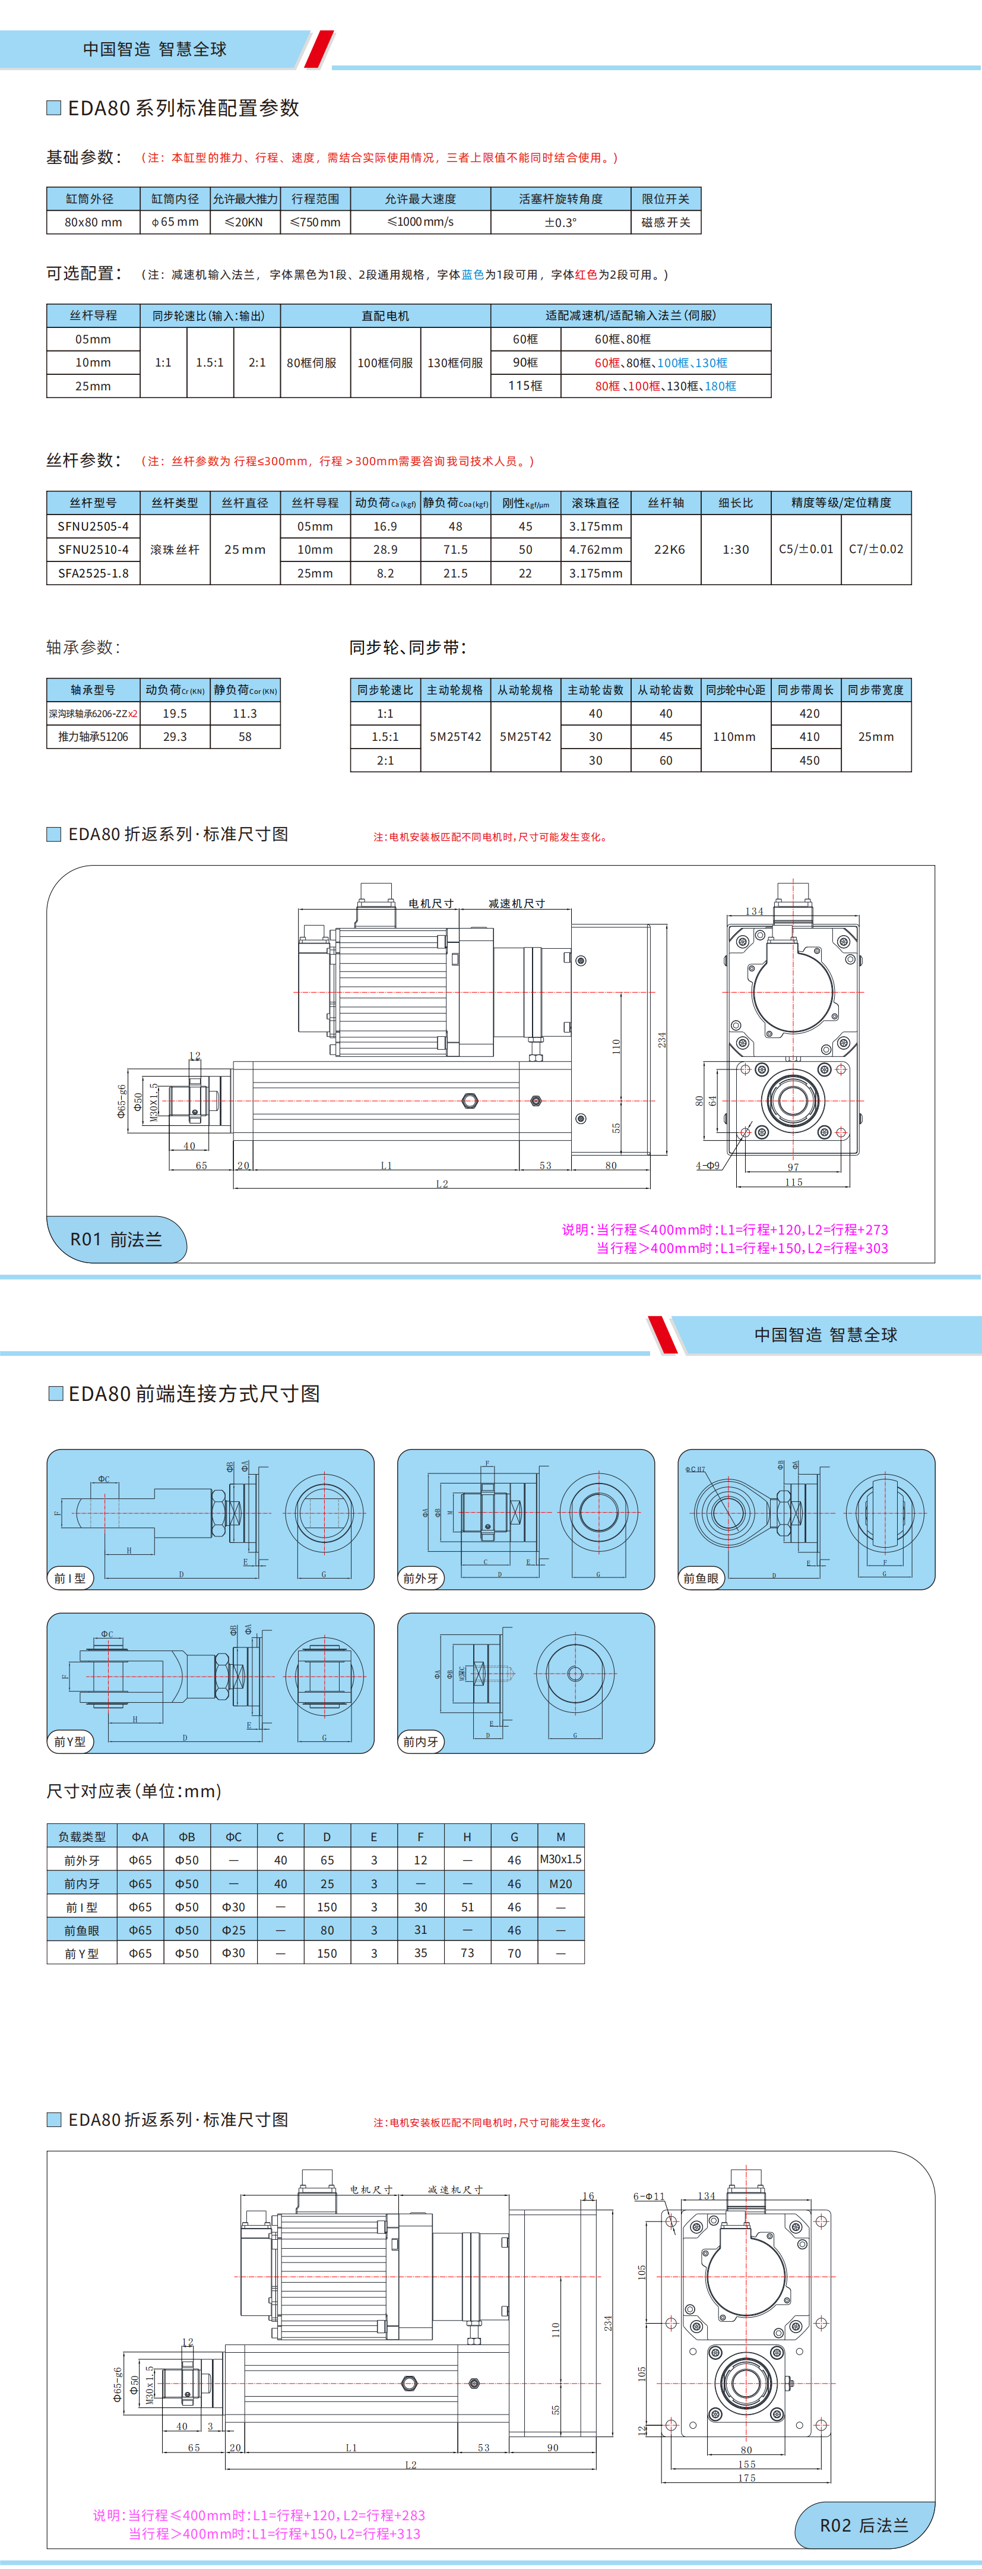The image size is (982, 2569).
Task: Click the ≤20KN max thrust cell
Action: pos(244,222)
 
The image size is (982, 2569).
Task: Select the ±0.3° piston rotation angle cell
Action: pos(560,222)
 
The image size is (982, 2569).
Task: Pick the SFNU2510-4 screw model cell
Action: pos(93,550)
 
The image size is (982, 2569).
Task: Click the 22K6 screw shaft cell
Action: pos(669,550)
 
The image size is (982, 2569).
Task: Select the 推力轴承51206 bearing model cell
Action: pos(93,737)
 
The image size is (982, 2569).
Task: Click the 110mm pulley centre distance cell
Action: pos(735,737)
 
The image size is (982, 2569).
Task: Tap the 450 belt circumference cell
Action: pos(810,760)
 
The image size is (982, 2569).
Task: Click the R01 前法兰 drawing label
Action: pos(116,1239)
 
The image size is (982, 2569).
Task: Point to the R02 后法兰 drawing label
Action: pos(863,2525)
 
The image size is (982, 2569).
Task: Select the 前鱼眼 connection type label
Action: pos(700,1578)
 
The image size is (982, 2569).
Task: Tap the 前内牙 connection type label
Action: pos(421,1741)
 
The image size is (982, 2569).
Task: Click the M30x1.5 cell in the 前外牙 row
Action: pos(560,1860)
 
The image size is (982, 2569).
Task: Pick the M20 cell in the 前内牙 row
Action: pos(560,1884)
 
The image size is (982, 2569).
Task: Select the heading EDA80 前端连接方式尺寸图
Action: pos(194,1394)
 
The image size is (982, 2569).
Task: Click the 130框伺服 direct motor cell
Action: pos(455,363)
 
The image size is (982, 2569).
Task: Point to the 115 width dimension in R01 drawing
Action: pos(794,1183)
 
